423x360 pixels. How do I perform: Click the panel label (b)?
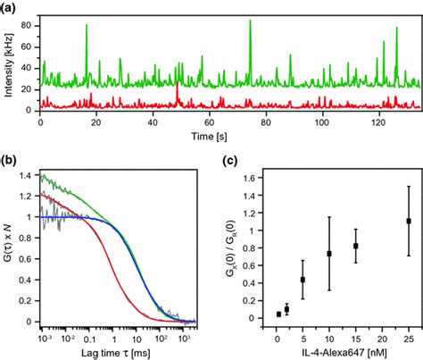11,163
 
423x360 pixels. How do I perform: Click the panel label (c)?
229,163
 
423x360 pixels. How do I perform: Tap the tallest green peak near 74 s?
250,21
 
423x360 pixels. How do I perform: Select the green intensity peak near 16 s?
87,26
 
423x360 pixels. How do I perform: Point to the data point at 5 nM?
303,280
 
